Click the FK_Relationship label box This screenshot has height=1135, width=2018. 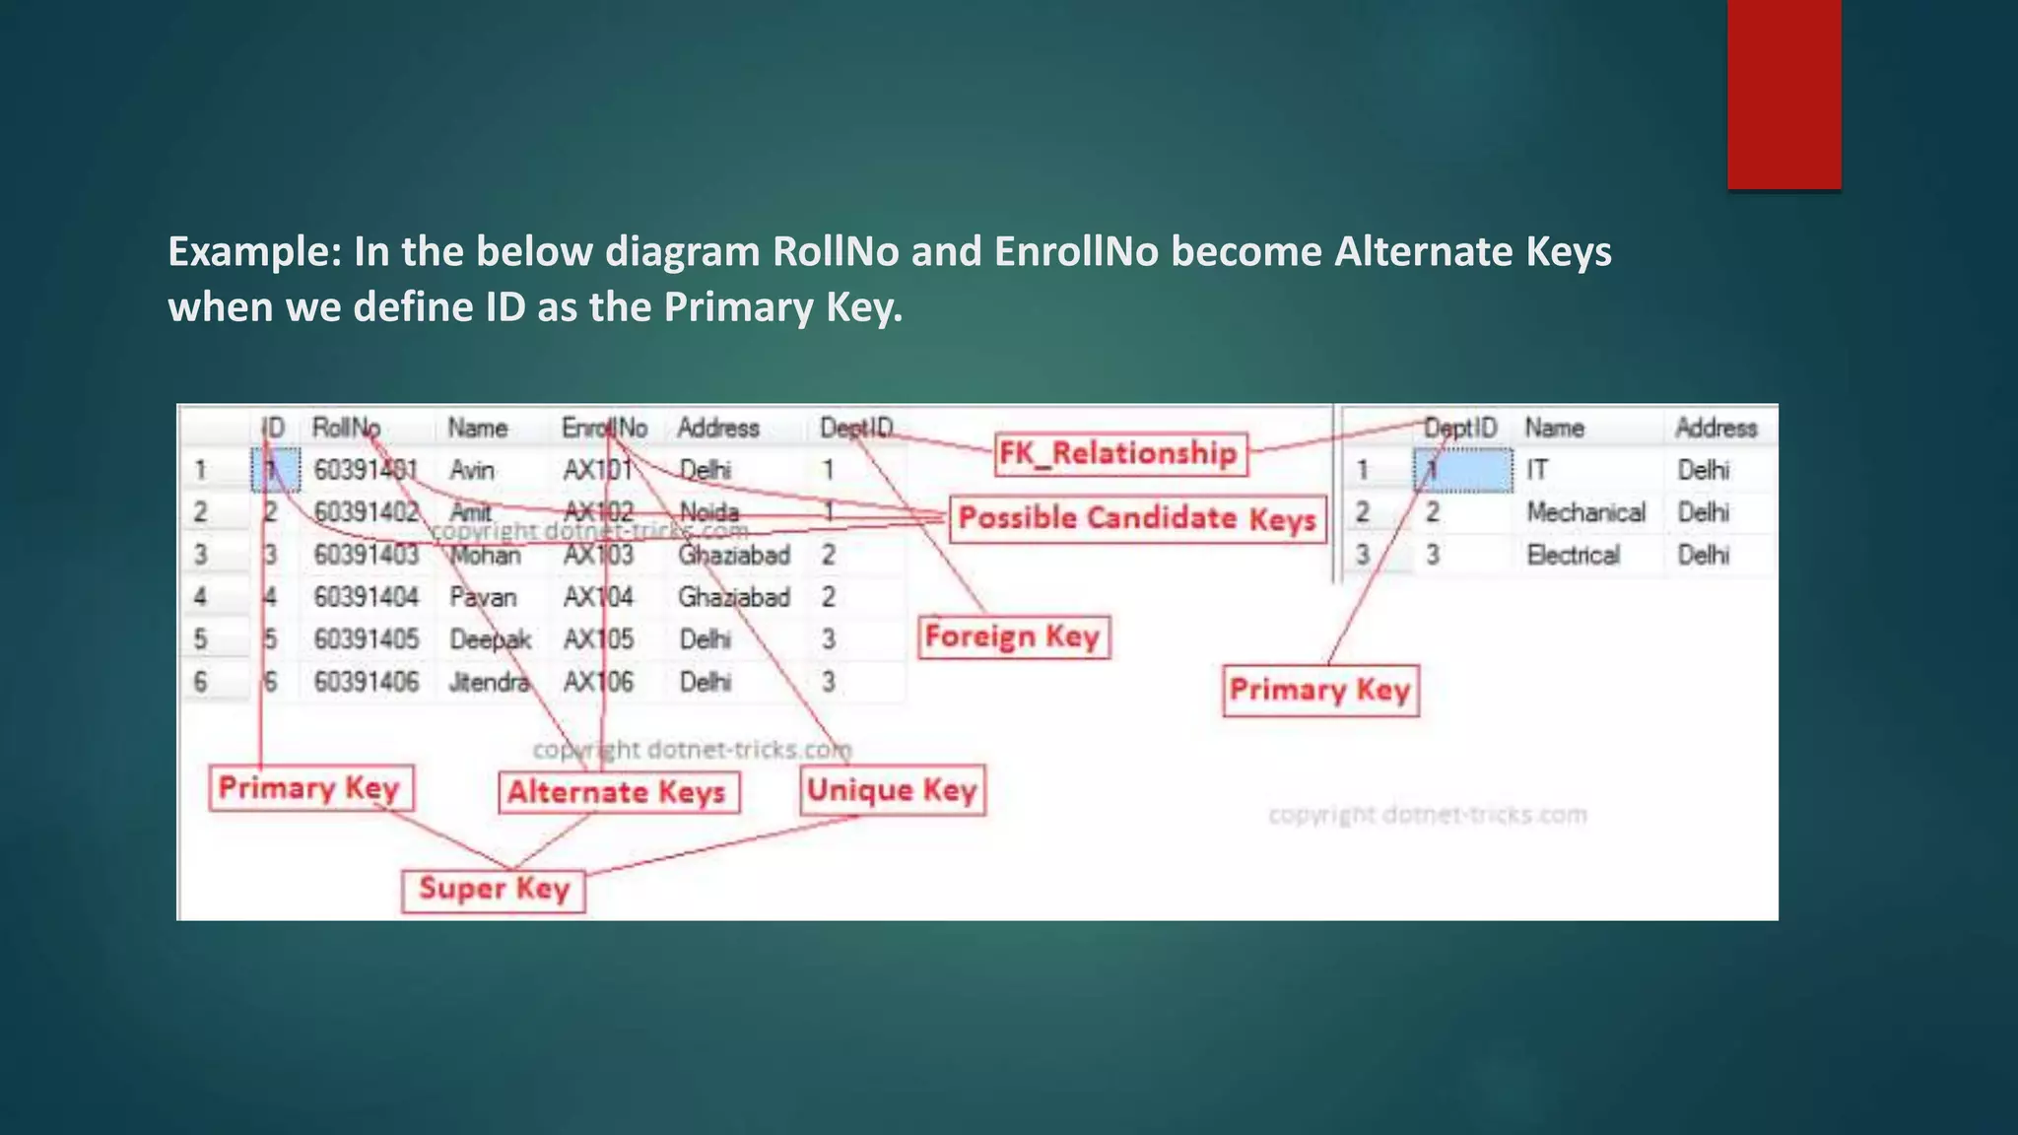[x=1119, y=454]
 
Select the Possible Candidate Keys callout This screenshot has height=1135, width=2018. [x=1137, y=519]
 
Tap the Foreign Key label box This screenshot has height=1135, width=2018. [x=1013, y=637]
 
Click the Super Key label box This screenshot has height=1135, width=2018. [x=494, y=889]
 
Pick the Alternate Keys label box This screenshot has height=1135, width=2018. [x=617, y=792]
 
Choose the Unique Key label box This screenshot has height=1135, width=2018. [x=892, y=790]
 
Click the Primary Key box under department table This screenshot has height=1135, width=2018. [x=1319, y=691]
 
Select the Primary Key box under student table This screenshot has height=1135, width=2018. [x=309, y=788]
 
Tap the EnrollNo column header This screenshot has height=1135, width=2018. [x=604, y=429]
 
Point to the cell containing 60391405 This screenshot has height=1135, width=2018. [x=367, y=639]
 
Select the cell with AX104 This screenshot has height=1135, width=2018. [x=598, y=597]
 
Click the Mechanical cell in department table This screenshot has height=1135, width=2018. [x=1585, y=512]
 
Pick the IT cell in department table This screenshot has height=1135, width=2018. [x=1537, y=470]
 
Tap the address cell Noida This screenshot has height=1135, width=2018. [x=708, y=512]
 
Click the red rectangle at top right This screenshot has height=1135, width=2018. [x=1783, y=94]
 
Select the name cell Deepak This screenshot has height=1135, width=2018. [x=490, y=639]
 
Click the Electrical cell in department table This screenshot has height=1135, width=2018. [x=1573, y=555]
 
